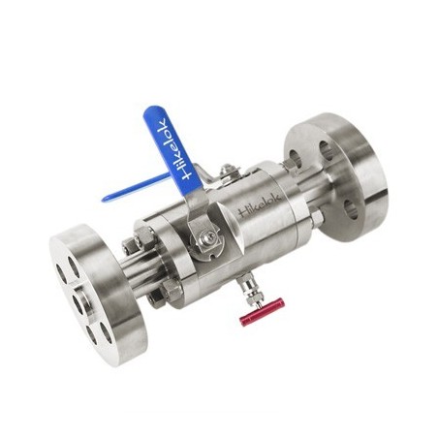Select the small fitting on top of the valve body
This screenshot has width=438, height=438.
[227, 172]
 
